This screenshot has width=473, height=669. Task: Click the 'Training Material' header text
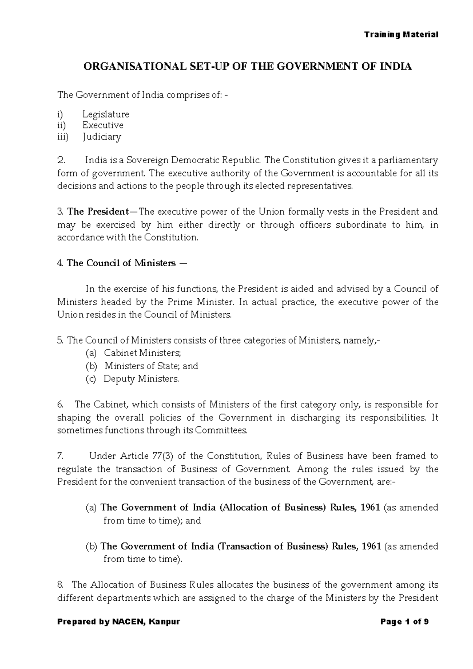401,34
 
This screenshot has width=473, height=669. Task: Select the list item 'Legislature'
106,114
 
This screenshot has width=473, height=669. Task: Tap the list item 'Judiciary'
102,137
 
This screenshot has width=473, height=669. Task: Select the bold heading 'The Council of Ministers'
121,263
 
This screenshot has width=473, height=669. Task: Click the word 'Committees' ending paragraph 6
223,431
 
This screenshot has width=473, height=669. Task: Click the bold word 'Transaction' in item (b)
244,546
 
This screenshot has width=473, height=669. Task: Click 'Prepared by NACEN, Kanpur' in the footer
119,622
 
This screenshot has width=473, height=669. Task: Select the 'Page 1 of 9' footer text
404,622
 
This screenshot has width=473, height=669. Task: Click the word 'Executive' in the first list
102,125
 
